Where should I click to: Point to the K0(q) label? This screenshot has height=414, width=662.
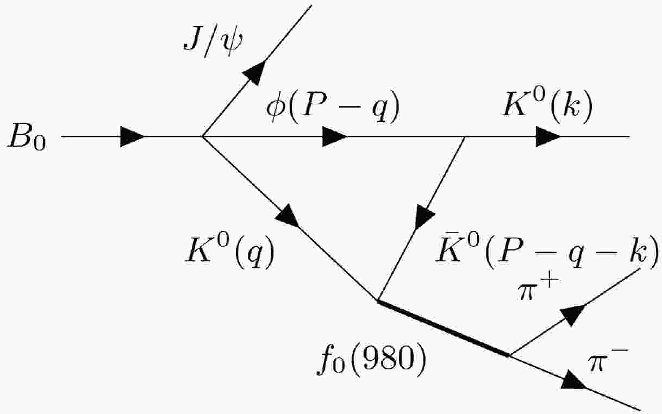[x=228, y=252]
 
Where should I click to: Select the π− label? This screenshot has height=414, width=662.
[x=608, y=360]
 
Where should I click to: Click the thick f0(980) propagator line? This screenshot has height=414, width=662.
[x=443, y=328]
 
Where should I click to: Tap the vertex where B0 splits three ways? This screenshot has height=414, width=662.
[x=203, y=136]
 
